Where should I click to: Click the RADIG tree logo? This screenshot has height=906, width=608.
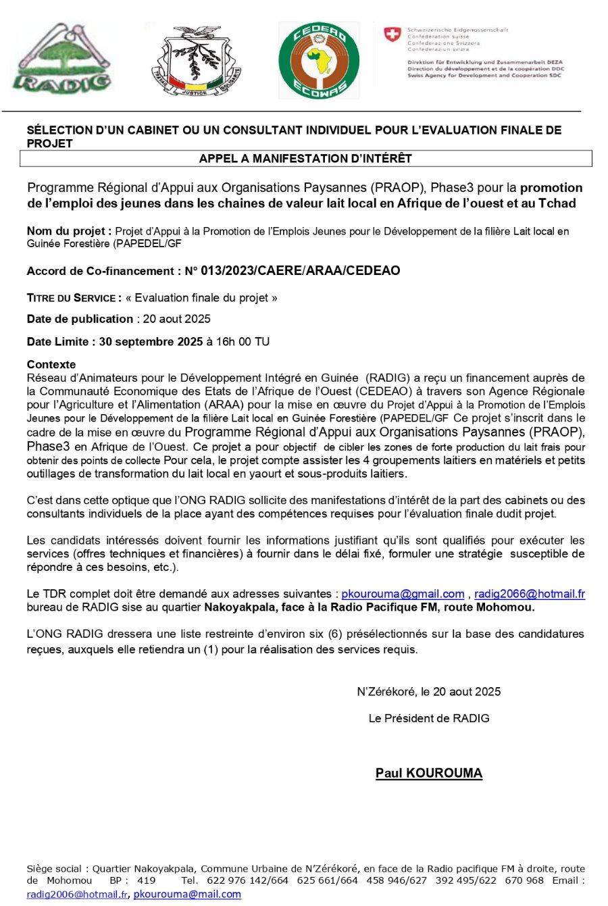(x=62, y=58)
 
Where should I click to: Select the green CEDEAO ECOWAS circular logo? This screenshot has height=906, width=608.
(x=319, y=60)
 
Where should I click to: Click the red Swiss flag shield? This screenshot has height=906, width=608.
(x=392, y=34)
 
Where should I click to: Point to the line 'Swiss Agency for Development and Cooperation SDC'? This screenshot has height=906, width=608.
(x=484, y=76)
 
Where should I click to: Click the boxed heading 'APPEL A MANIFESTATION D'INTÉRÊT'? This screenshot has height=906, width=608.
(x=305, y=159)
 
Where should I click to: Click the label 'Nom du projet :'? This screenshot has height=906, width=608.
(x=69, y=231)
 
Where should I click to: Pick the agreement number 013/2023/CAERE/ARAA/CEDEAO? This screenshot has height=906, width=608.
(x=292, y=271)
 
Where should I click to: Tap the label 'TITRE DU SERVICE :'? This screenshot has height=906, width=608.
(x=74, y=298)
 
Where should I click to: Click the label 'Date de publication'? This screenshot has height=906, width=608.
(x=80, y=319)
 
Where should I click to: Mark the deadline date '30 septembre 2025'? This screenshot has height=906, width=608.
(x=151, y=342)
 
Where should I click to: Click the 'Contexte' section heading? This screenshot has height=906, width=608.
(x=51, y=364)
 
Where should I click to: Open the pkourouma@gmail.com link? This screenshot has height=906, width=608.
(x=403, y=594)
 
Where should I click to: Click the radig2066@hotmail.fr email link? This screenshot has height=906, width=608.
(x=529, y=594)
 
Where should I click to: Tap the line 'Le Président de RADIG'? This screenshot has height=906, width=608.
(x=429, y=718)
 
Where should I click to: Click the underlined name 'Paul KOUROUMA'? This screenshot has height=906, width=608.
(x=429, y=773)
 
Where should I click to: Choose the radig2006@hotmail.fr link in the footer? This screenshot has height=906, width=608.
(x=77, y=895)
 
